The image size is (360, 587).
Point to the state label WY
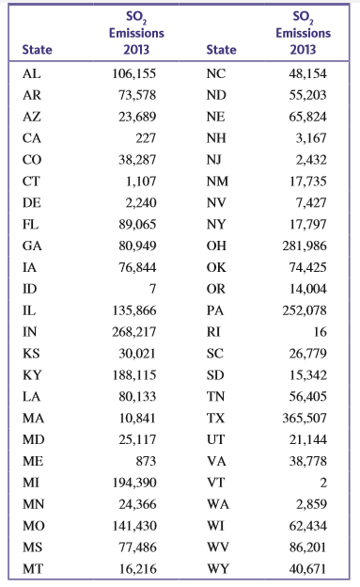click(x=216, y=568)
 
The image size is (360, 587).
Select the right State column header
click(x=220, y=49)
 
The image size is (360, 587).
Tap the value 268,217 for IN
click(x=132, y=331)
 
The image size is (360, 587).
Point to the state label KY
click(x=32, y=373)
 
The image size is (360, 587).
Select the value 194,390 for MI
click(x=132, y=482)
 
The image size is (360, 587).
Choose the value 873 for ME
click(x=144, y=460)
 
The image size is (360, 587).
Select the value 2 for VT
click(x=325, y=482)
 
